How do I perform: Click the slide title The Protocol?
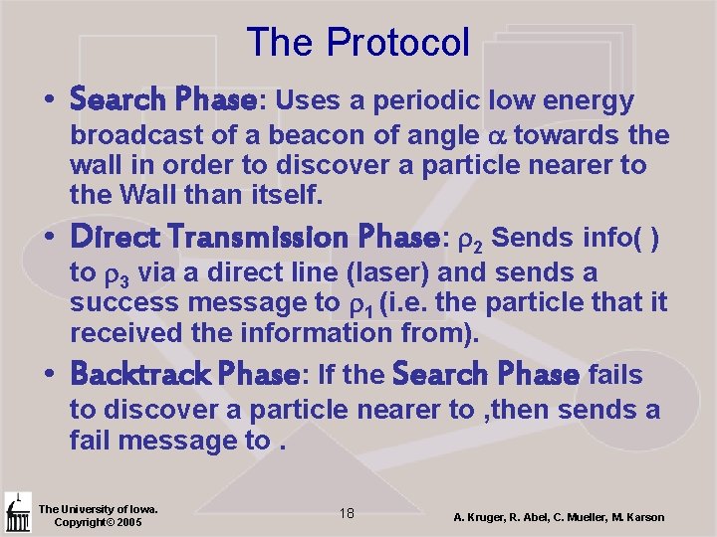point(358,42)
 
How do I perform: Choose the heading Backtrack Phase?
point(185,375)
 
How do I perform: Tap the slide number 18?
point(347,513)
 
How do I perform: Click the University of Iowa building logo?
point(17,512)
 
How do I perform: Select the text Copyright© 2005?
point(98,522)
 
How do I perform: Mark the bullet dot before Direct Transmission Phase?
point(49,240)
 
